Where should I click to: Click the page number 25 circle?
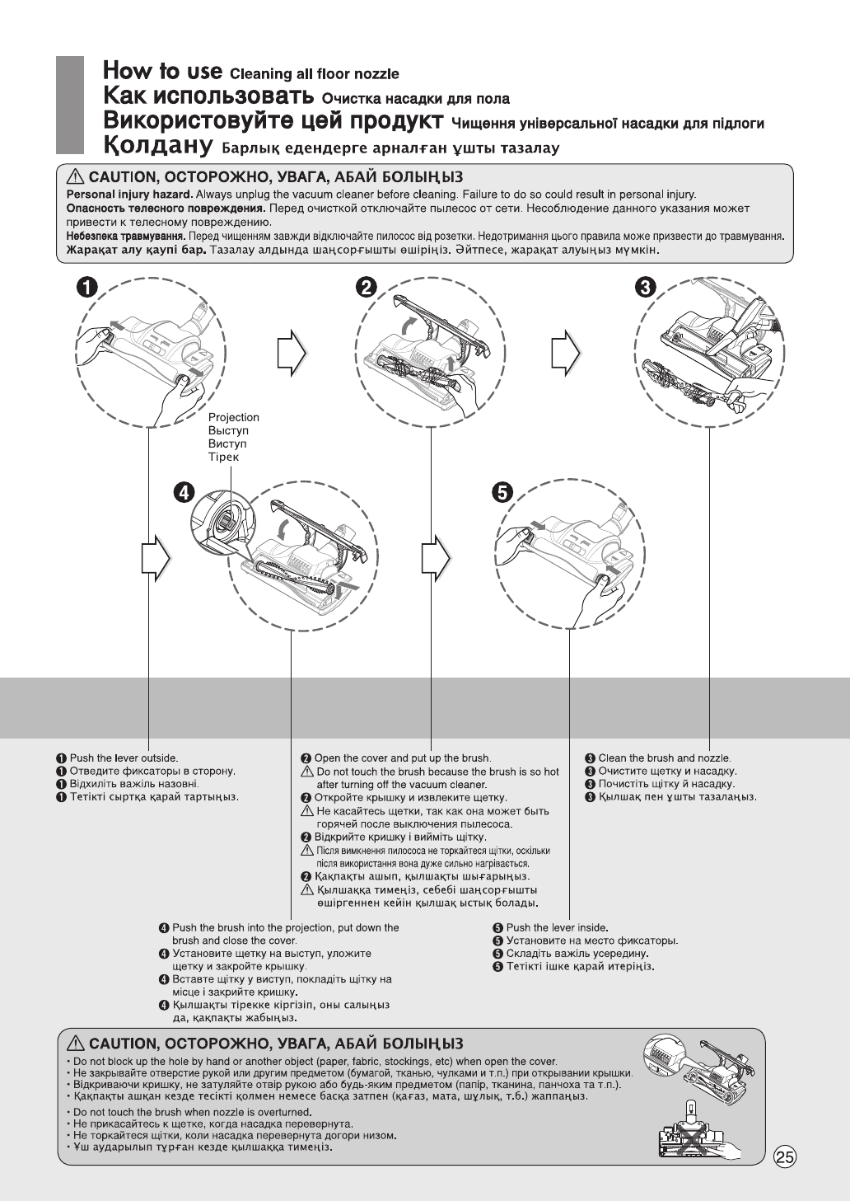(x=785, y=1157)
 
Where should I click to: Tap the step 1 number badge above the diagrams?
(x=87, y=288)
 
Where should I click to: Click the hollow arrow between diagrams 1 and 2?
(x=292, y=354)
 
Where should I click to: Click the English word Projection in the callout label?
(x=234, y=418)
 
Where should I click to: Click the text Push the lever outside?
(x=124, y=758)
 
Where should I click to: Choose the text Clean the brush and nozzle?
(x=664, y=758)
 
